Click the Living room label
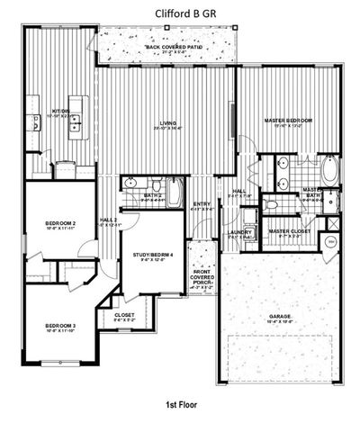tap(168, 122)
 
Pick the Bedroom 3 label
tap(59, 326)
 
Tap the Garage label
tap(279, 317)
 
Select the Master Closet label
tap(289, 231)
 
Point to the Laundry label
tap(240, 232)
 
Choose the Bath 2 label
tap(153, 194)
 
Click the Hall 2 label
tap(109, 220)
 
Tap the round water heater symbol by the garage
tap(330, 242)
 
